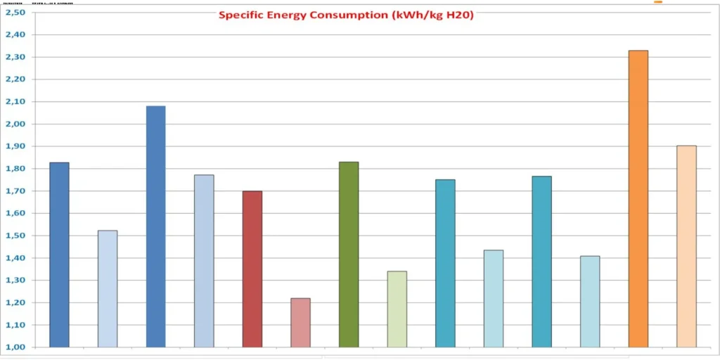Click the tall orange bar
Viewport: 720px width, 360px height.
point(638,199)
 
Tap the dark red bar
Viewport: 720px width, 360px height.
point(252,269)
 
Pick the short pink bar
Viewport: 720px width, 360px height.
point(300,323)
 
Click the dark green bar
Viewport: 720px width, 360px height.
point(349,255)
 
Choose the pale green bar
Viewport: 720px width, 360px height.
point(397,309)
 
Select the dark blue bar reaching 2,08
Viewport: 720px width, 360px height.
point(155,226)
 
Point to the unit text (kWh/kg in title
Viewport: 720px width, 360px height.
point(419,15)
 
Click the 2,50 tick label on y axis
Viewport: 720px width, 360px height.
point(15,13)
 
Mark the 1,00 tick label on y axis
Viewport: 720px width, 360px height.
point(15,347)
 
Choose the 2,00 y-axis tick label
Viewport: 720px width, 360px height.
point(15,124)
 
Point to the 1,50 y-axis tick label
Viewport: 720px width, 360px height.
point(15,236)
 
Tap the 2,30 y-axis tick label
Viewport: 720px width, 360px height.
point(15,57)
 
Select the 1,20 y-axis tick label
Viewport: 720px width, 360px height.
point(15,303)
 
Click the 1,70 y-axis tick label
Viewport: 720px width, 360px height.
point(15,191)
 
